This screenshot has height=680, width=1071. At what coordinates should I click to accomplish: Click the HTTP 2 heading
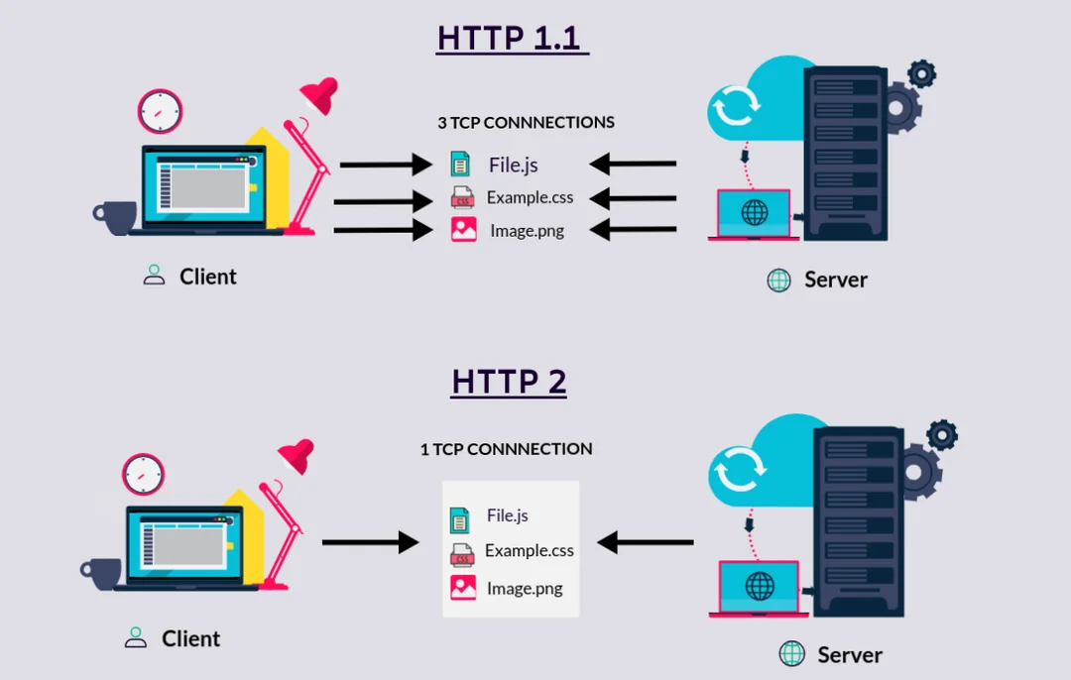509,381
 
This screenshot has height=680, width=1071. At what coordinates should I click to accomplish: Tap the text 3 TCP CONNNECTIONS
526,123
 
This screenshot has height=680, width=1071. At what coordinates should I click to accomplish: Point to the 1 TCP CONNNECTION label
506,449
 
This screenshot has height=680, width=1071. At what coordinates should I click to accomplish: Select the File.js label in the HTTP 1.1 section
513,165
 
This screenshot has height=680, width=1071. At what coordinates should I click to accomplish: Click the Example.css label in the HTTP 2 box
529,550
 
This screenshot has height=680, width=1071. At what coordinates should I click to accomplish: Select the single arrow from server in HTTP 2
646,542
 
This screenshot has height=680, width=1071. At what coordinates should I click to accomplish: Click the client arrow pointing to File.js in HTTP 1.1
382,165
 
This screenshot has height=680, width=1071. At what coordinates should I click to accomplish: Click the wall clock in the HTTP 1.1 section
160,111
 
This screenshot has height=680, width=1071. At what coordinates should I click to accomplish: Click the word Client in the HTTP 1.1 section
207,277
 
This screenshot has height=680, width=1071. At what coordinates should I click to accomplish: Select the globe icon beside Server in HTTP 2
791,653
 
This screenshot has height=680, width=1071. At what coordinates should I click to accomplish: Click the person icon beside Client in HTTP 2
136,638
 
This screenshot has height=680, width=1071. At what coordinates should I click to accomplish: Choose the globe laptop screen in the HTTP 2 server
759,586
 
